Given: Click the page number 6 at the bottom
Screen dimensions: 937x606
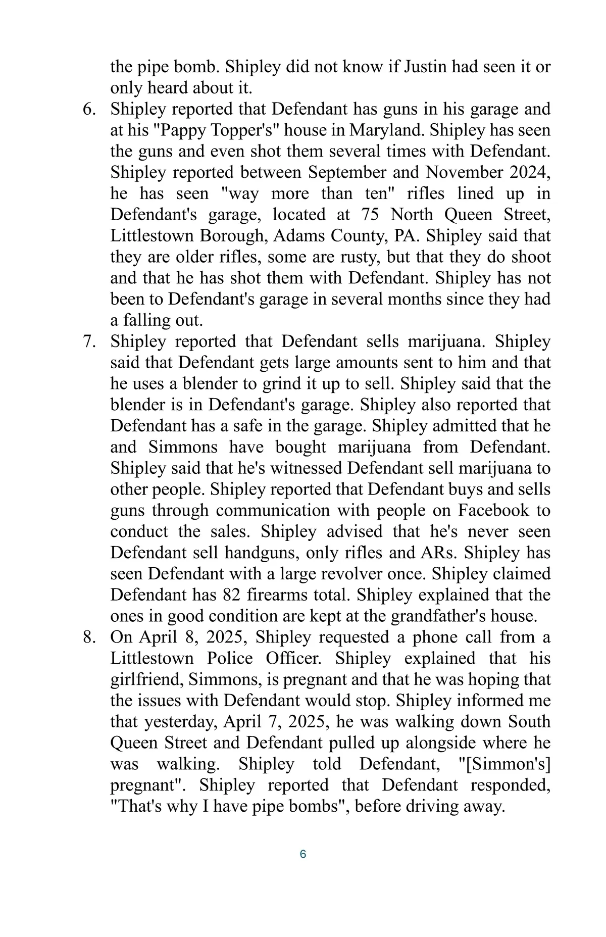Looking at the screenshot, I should point(303,854).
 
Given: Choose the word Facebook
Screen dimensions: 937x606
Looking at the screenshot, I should point(493,511).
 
